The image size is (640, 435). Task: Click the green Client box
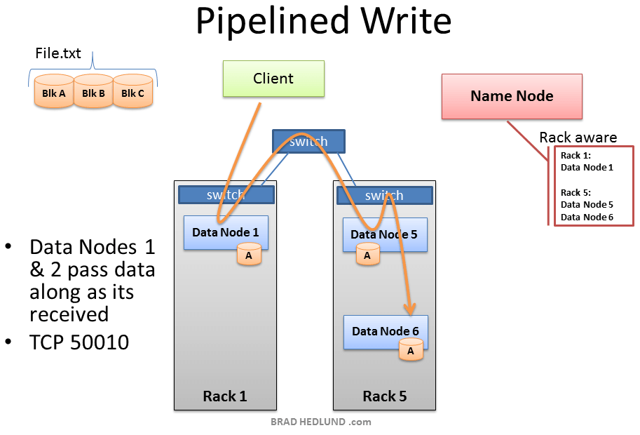pos(273,79)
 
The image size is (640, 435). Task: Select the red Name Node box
pos(512,96)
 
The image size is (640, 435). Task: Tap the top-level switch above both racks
pos(308,141)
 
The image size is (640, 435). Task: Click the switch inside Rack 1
pos(225,194)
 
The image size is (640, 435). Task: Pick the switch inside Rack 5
pos(384,195)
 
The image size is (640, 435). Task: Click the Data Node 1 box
pos(225,232)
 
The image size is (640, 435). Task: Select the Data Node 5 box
pos(384,234)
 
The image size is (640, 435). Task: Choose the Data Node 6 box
pos(385,331)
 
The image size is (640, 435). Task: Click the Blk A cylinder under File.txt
pos(54,93)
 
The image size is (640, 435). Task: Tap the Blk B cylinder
pos(93,93)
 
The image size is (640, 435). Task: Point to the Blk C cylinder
pos(132,93)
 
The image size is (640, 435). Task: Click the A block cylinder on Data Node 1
pos(249,255)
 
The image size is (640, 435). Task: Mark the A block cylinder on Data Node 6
pos(411,350)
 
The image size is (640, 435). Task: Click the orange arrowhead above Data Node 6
pos(409,309)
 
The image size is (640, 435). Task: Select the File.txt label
pos(58,53)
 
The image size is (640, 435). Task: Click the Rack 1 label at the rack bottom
pos(224,396)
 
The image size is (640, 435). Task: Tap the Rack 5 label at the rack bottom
pos(384,396)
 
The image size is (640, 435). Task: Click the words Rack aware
pos(578,138)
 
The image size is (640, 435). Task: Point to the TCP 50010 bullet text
pos(79,343)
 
